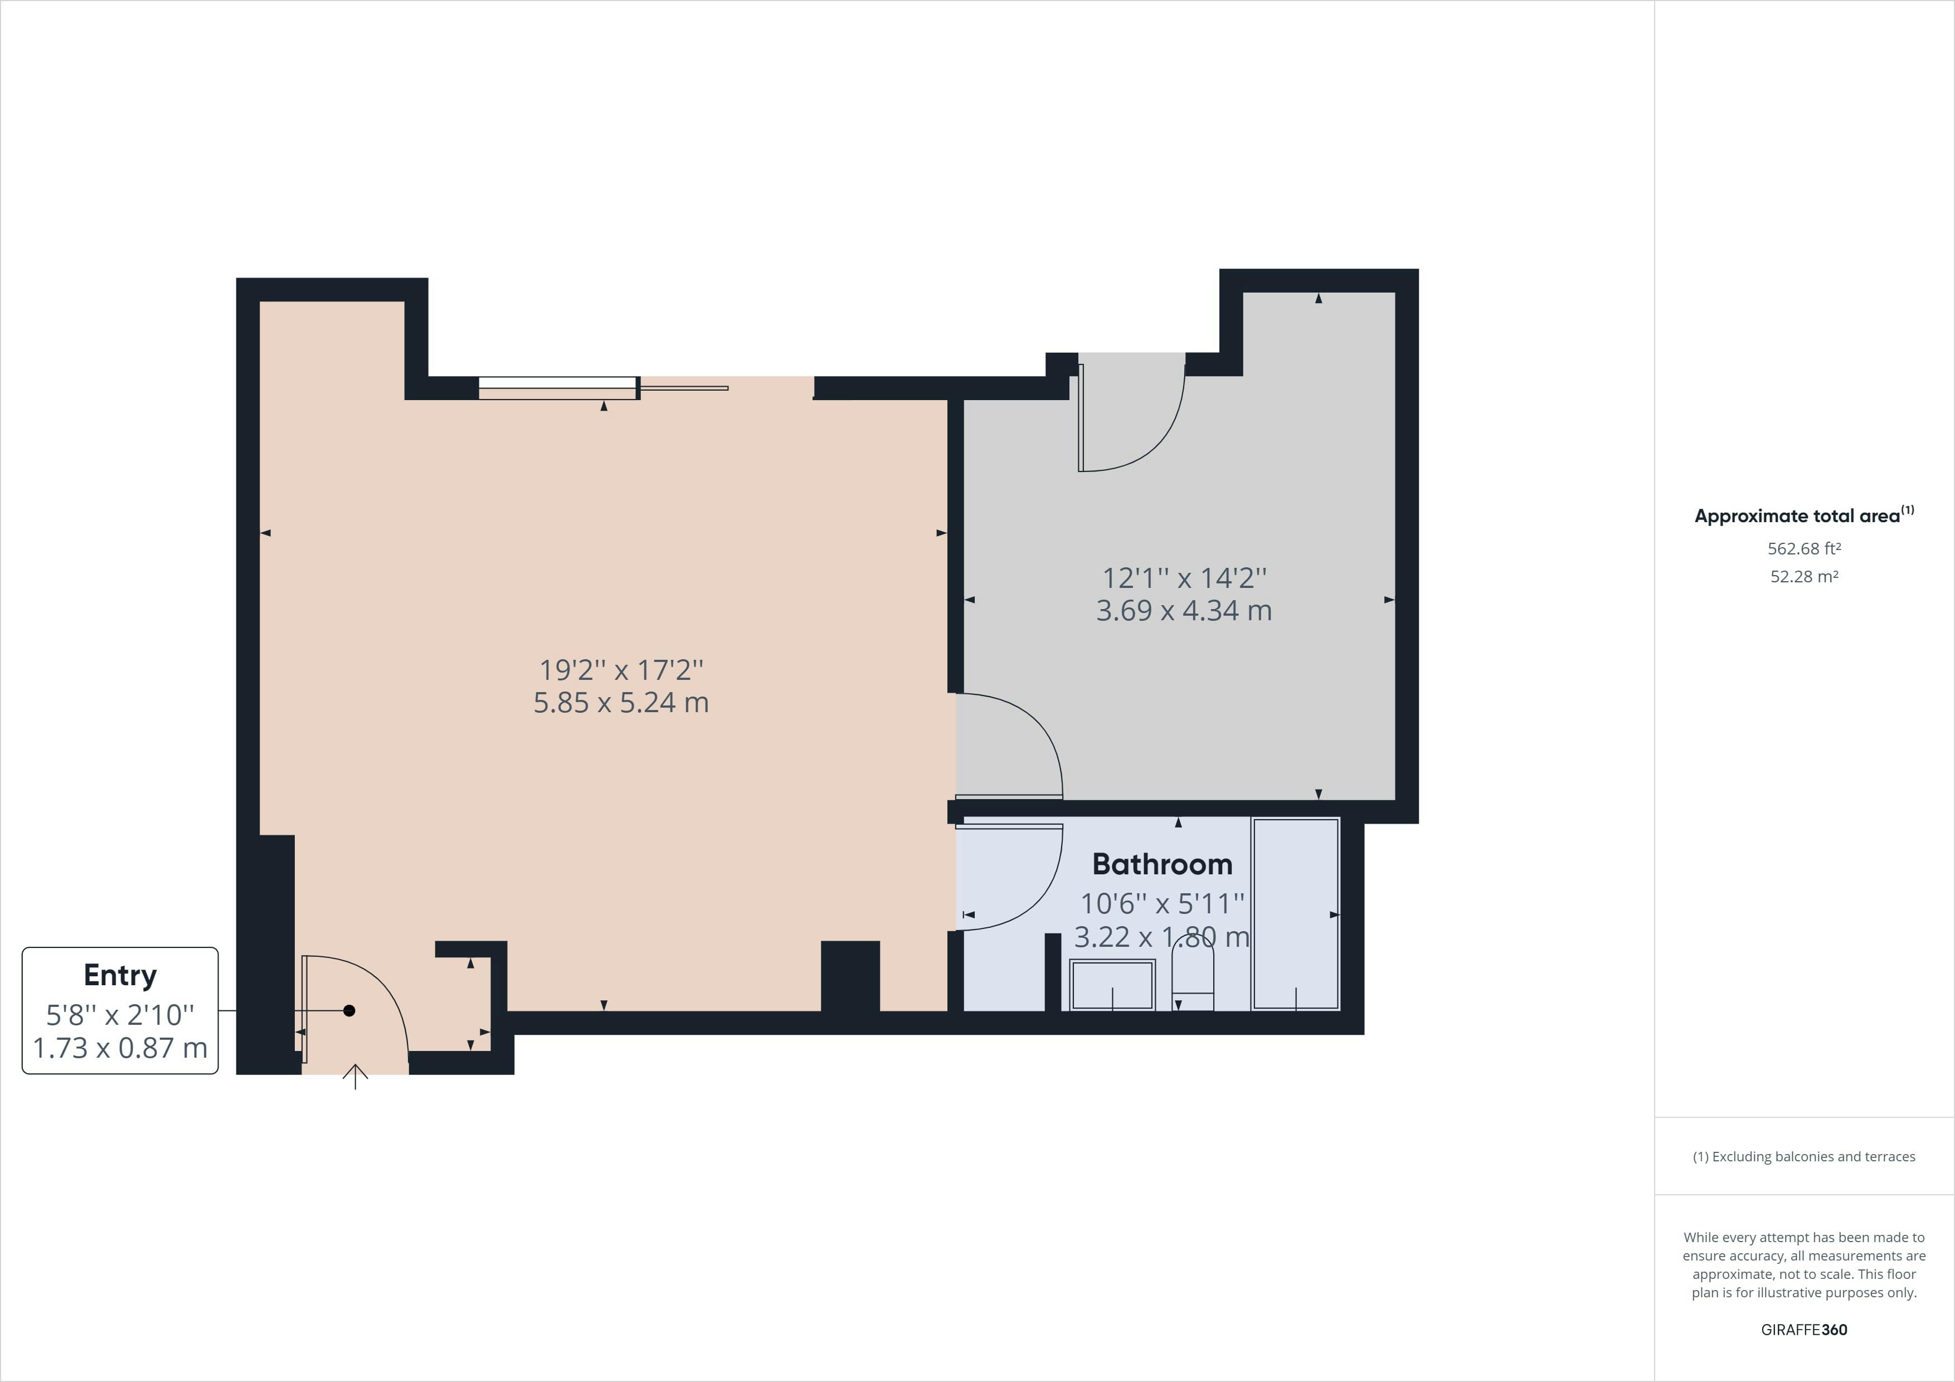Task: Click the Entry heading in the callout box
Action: [x=120, y=975]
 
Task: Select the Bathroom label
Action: [x=1163, y=864]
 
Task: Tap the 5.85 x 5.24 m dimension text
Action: [x=621, y=703]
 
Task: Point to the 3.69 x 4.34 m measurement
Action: [x=1184, y=611]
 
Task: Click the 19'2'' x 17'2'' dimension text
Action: [x=621, y=670]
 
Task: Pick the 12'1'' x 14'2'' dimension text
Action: [x=1184, y=578]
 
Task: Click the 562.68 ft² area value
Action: [x=1803, y=548]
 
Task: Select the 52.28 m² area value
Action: [x=1803, y=576]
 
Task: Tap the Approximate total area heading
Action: [x=1803, y=515]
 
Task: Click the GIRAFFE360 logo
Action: [x=1803, y=1329]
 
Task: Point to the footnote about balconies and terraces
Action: [x=1803, y=1156]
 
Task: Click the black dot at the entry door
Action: [x=349, y=1011]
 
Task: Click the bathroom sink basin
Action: [x=1112, y=985]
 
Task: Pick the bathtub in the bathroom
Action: [x=1295, y=914]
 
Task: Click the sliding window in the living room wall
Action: [x=558, y=387]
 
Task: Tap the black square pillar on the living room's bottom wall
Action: [x=850, y=976]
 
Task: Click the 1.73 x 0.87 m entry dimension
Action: [x=120, y=1047]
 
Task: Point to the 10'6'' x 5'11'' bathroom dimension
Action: [x=1163, y=903]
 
